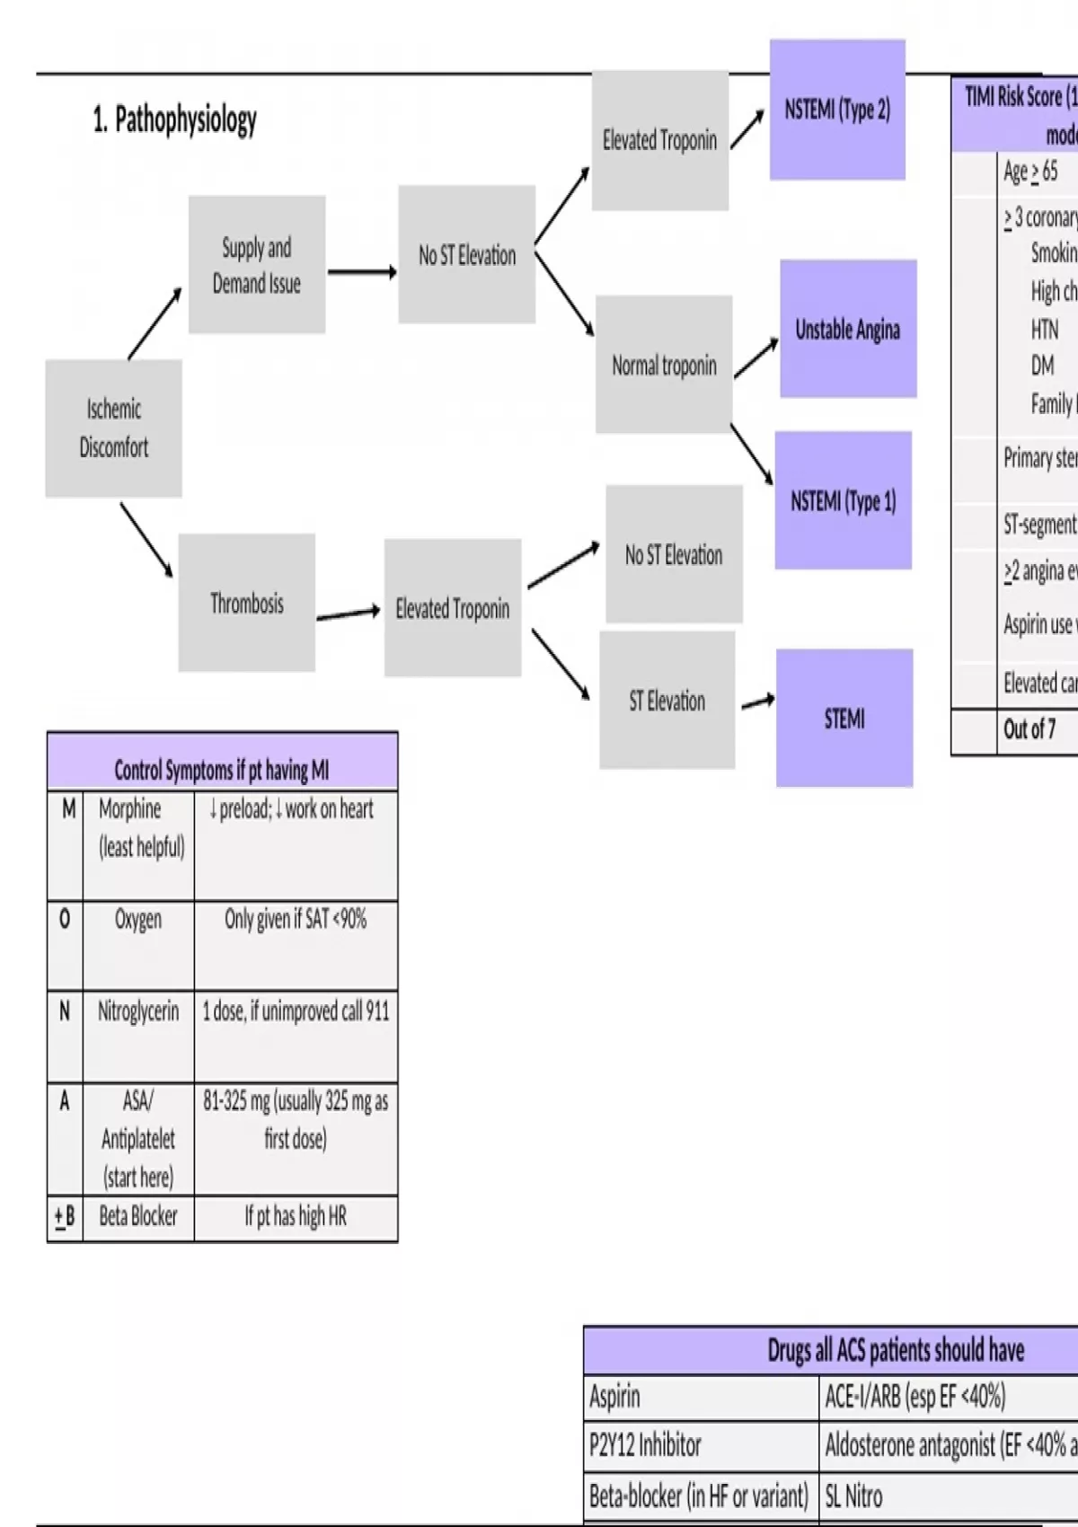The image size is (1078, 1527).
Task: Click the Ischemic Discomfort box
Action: (114, 428)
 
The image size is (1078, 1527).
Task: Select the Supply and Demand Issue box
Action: (257, 265)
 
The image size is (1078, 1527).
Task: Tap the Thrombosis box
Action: (247, 603)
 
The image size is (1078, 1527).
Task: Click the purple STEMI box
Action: (844, 719)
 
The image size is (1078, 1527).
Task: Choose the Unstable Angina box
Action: (848, 329)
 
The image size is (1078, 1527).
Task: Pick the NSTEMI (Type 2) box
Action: (837, 110)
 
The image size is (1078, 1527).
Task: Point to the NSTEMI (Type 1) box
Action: (843, 500)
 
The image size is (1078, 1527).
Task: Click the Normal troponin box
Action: (664, 365)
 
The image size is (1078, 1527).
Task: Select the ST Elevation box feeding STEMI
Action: (667, 701)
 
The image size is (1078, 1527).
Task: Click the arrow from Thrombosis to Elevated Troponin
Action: (349, 613)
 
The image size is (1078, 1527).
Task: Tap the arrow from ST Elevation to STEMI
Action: (757, 702)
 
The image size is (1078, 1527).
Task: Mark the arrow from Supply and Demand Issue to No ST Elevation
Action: (361, 271)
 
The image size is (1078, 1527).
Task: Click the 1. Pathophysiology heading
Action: (175, 119)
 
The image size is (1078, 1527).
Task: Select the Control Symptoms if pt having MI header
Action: (222, 770)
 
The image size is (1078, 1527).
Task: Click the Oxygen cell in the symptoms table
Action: (138, 920)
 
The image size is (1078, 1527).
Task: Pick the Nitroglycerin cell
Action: (138, 1011)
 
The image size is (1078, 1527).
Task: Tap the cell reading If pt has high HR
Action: (296, 1216)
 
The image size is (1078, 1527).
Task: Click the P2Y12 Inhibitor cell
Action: (645, 1445)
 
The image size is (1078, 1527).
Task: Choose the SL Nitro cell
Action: (853, 1496)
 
